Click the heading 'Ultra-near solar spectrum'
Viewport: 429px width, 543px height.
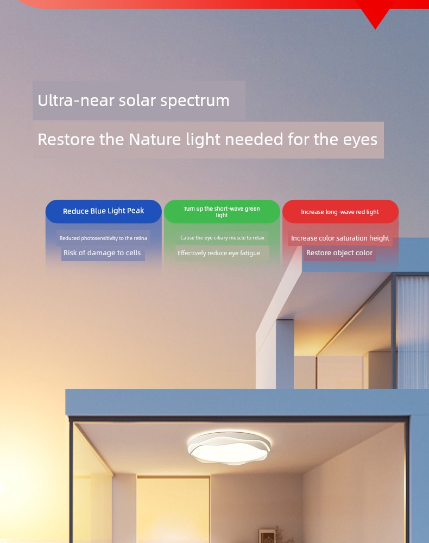pyautogui.click(x=133, y=100)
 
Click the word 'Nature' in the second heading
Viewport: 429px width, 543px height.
pyautogui.click(x=155, y=139)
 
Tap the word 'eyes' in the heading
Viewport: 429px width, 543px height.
pyautogui.click(x=360, y=140)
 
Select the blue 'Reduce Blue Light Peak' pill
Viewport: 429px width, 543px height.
pyautogui.click(x=104, y=211)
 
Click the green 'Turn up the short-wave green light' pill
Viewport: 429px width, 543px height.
pyautogui.click(x=222, y=211)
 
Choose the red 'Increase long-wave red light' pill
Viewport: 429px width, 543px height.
pyautogui.click(x=340, y=211)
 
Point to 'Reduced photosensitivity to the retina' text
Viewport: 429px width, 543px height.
pyautogui.click(x=103, y=238)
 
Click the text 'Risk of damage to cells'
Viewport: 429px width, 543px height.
pyautogui.click(x=102, y=253)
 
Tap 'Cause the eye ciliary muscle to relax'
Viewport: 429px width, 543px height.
pyautogui.click(x=222, y=238)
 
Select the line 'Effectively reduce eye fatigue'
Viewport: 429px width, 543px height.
pyautogui.click(x=219, y=253)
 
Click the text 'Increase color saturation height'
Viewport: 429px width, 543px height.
pyautogui.click(x=340, y=238)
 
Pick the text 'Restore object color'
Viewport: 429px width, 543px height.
pyautogui.click(x=339, y=253)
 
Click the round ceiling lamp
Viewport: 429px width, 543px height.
pyautogui.click(x=229, y=447)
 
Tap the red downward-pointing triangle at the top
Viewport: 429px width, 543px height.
pyautogui.click(x=375, y=15)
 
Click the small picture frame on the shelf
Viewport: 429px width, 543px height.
pyautogui.click(x=267, y=536)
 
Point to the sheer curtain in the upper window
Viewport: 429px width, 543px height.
pyautogui.click(x=412, y=332)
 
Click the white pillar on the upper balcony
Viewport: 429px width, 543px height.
pyautogui.click(x=285, y=353)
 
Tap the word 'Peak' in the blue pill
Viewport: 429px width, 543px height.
pyautogui.click(x=135, y=211)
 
